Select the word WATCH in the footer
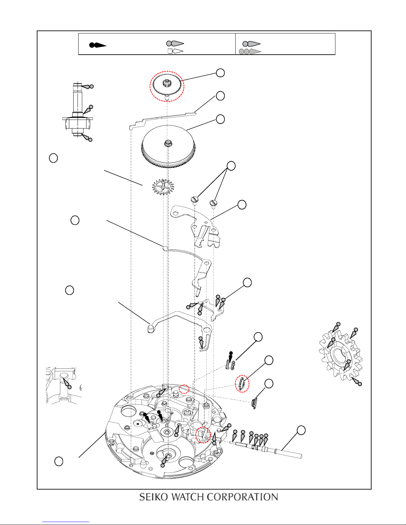pos(187,497)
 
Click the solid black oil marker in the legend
pos(98,45)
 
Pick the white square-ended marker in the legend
pos(175,51)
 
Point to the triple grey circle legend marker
pos(250,51)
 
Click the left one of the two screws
pos(195,200)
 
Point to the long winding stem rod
pos(266,450)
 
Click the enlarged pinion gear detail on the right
pos(341,355)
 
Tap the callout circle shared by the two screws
pos(231,166)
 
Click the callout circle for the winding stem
pos(301,430)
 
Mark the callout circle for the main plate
pos(59,461)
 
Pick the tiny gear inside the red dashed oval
pos(242,384)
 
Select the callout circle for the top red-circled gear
pos(220,73)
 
